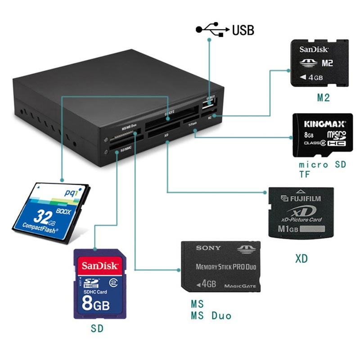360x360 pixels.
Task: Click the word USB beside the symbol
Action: [243, 31]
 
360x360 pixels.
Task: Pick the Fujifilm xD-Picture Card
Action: [301, 212]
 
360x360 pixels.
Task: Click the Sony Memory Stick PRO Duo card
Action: [220, 266]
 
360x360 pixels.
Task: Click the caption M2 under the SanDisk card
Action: [324, 97]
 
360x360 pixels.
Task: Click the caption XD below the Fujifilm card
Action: [301, 259]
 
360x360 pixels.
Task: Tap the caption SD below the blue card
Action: [97, 329]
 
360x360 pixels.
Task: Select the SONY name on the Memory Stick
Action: [208, 248]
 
